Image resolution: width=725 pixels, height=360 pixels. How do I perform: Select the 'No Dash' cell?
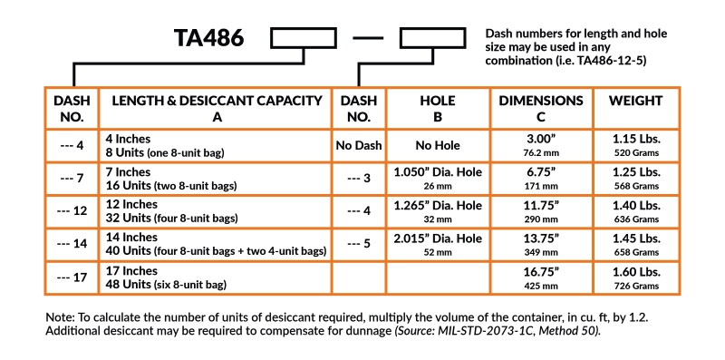tap(360, 146)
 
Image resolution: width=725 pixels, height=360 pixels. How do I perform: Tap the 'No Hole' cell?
tap(439, 146)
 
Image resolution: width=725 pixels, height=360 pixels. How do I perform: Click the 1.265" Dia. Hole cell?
tap(439, 211)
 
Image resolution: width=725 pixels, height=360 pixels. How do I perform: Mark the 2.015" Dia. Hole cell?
tap(439, 244)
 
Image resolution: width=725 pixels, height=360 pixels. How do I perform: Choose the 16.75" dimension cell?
tap(541, 277)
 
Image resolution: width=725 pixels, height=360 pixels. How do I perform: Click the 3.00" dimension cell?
tap(541, 146)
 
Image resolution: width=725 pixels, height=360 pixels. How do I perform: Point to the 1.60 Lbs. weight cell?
tap(635, 277)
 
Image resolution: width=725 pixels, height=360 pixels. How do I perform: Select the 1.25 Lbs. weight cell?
tap(635, 179)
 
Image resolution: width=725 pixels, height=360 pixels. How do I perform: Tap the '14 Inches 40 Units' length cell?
tap(216, 244)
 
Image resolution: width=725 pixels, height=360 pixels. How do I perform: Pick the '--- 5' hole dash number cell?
tap(360, 244)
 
